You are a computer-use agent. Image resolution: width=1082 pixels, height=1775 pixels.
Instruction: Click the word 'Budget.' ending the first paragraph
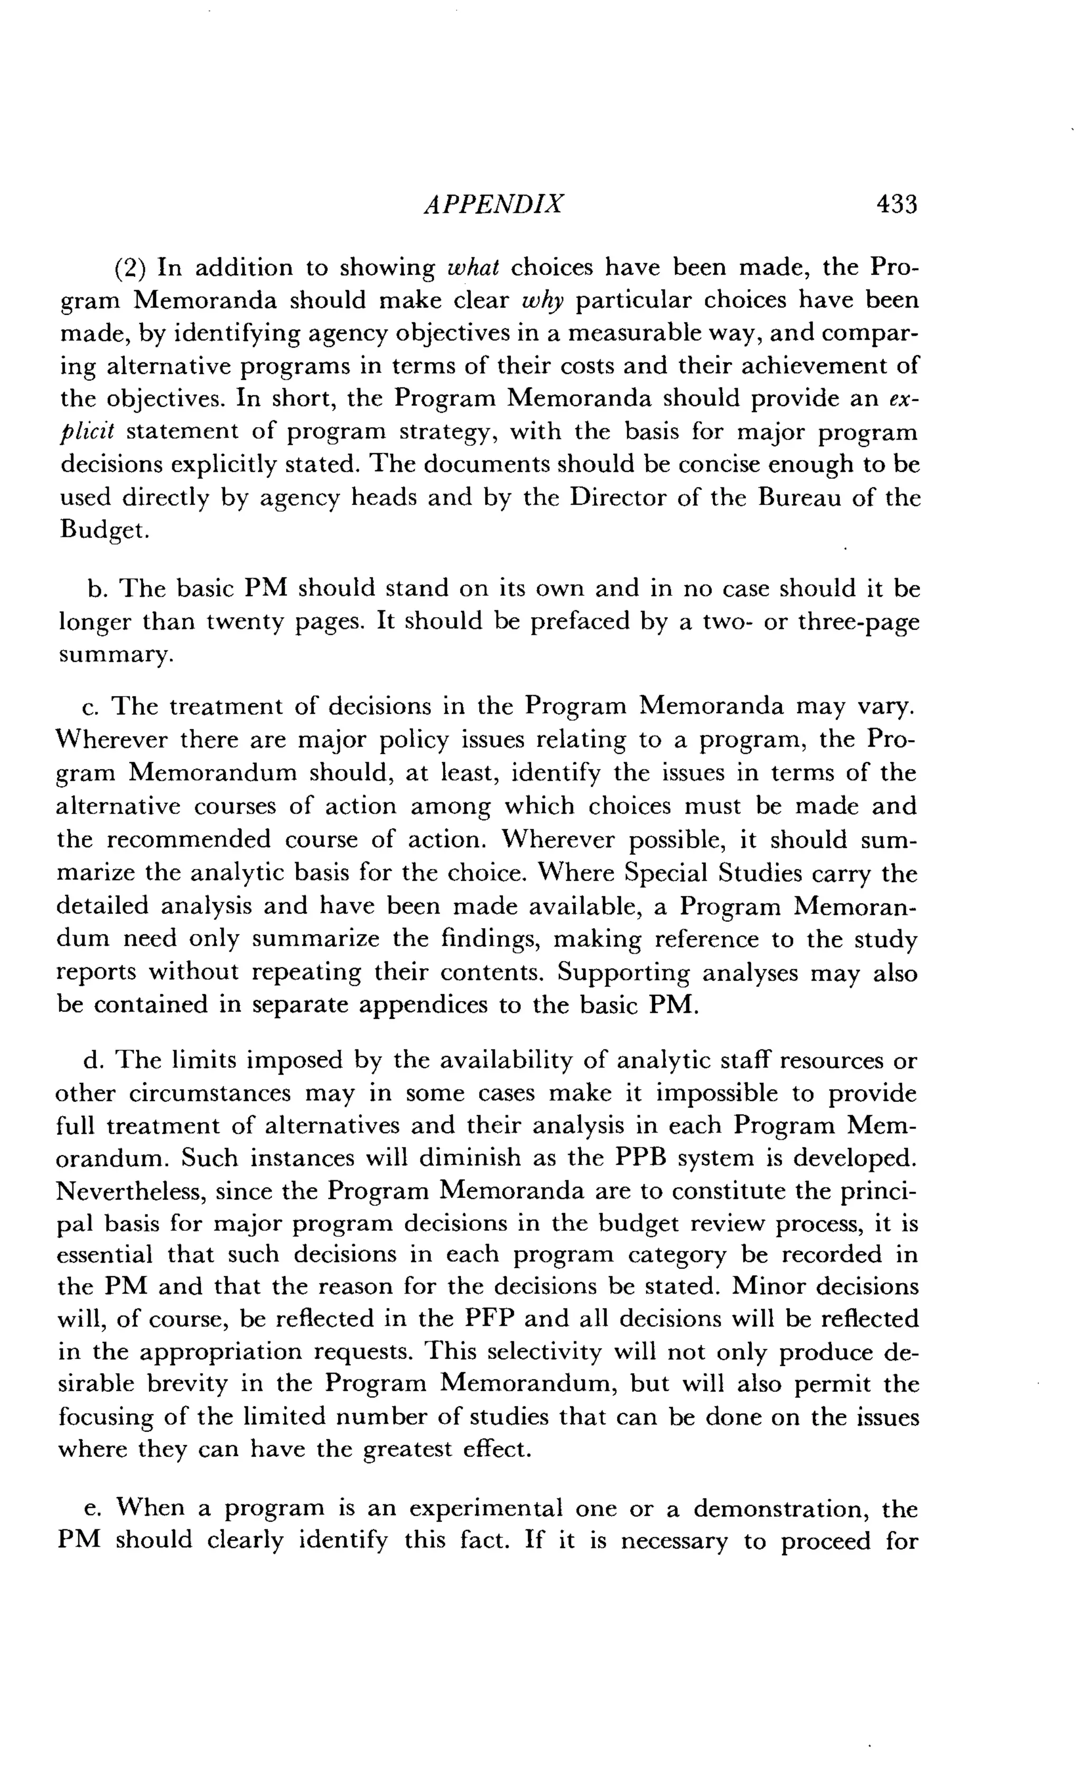pos(105,530)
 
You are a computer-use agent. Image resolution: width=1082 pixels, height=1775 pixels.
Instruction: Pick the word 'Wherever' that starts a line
pos(110,740)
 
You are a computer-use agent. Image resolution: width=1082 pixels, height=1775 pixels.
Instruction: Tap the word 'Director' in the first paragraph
pos(618,498)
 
